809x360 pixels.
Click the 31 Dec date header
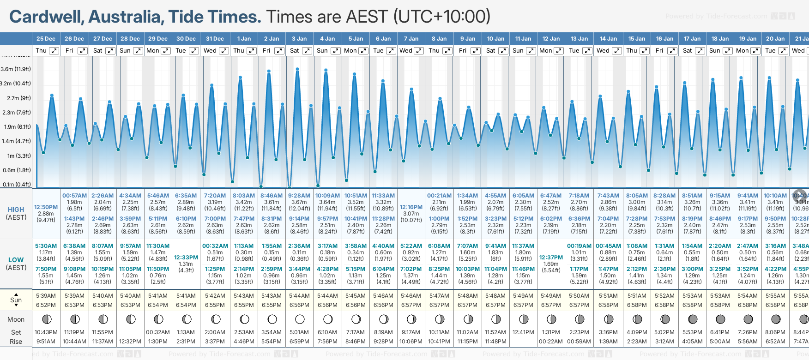tap(215, 39)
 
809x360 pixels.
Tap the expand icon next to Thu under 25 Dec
tap(54, 51)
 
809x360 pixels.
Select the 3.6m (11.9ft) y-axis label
tap(16, 69)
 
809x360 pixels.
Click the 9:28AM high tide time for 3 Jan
tap(299, 196)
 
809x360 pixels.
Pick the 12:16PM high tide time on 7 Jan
tap(411, 207)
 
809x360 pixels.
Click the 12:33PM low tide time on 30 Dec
tap(186, 258)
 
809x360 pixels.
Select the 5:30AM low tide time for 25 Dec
tap(46, 246)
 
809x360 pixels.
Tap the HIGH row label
tap(16, 210)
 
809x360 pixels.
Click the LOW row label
tap(16, 260)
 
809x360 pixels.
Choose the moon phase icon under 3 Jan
tap(300, 319)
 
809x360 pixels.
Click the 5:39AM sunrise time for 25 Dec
tap(46, 296)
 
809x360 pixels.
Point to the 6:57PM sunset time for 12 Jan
tap(551, 305)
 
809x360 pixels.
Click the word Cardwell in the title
tap(46, 17)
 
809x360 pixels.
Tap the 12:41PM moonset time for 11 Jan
tap(523, 332)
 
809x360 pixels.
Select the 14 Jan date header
tap(608, 39)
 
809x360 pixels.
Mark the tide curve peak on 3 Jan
tap(297, 69)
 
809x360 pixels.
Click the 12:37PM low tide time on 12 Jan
tap(551, 258)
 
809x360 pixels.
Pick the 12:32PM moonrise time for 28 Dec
tap(130, 342)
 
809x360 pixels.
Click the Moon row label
tap(16, 319)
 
